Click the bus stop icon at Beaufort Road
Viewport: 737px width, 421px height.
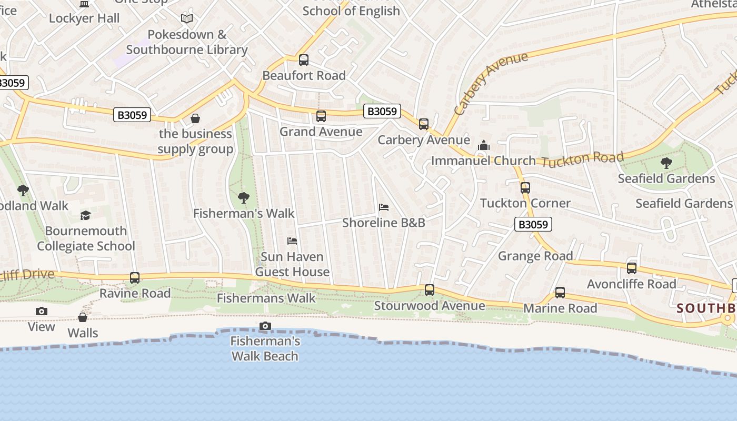point(304,59)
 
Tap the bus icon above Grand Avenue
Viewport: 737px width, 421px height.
point(321,116)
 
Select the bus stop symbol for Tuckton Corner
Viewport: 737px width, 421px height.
point(525,187)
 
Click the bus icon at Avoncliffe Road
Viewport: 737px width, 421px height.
point(632,268)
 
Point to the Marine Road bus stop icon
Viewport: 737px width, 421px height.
point(560,293)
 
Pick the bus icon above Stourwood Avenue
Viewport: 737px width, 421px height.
point(430,290)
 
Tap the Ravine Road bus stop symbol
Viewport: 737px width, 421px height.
point(135,278)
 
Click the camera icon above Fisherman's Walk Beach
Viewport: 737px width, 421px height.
point(265,326)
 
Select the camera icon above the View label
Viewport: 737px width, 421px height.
point(42,312)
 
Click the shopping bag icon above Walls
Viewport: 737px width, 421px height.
point(83,317)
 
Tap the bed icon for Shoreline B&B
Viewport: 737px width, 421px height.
point(384,207)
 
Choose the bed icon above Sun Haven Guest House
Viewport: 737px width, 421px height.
point(292,241)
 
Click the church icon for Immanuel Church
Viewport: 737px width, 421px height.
point(483,146)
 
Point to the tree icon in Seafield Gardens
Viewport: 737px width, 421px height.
point(666,163)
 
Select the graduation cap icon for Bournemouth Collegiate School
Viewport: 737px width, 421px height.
point(85,215)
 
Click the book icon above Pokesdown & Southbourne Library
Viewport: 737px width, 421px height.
point(187,19)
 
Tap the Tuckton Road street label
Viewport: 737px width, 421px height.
point(582,158)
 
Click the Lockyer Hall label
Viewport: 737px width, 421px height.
point(84,18)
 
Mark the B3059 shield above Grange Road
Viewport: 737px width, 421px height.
point(533,225)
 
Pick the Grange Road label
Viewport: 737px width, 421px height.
point(535,256)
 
